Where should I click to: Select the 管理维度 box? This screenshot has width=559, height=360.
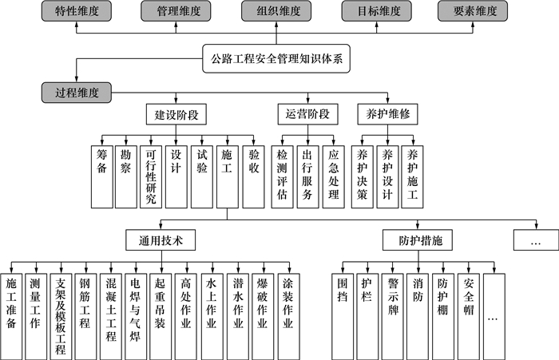(176, 11)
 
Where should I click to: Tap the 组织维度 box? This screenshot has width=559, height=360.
(276, 11)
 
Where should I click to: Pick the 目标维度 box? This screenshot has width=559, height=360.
(376, 11)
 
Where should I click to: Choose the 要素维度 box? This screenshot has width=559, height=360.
(474, 11)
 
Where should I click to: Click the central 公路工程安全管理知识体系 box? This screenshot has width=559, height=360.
(276, 57)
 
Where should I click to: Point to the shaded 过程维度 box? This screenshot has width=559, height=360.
(77, 93)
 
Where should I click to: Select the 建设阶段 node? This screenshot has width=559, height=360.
(176, 115)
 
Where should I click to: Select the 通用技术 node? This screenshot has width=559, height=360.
(160, 239)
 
